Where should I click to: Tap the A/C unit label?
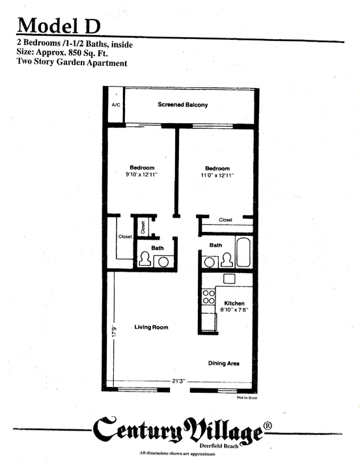116,104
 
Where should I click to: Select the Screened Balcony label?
182,104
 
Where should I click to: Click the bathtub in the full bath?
243,254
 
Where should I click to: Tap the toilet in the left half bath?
145,259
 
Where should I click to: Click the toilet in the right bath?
227,260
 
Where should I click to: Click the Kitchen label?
234,304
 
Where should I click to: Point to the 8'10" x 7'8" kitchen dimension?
234,311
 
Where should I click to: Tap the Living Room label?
151,327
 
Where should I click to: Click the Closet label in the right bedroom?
226,220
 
